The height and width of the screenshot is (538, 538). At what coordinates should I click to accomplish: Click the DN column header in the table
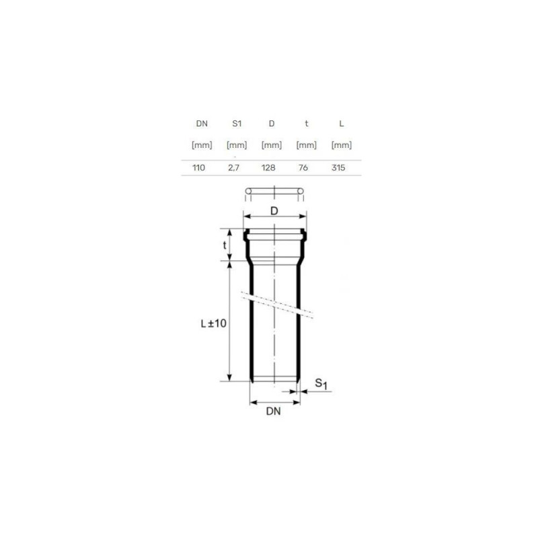pos(202,124)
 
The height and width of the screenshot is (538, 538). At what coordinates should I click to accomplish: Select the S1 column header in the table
pos(237,124)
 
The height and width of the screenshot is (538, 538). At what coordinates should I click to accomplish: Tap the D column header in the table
pos(272,124)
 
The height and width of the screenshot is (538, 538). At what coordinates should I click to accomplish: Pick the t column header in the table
pos(307,124)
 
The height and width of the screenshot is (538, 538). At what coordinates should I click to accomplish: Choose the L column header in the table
pos(342,124)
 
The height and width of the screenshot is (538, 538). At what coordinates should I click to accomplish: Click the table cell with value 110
pos(198,167)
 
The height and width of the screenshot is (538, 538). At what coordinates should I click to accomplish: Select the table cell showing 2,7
pos(233,167)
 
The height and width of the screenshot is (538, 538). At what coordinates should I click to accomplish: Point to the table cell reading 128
pos(268,167)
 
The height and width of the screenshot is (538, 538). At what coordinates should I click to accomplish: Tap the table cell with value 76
pos(303,167)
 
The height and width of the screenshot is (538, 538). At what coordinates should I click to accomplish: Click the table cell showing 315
pos(338,167)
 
